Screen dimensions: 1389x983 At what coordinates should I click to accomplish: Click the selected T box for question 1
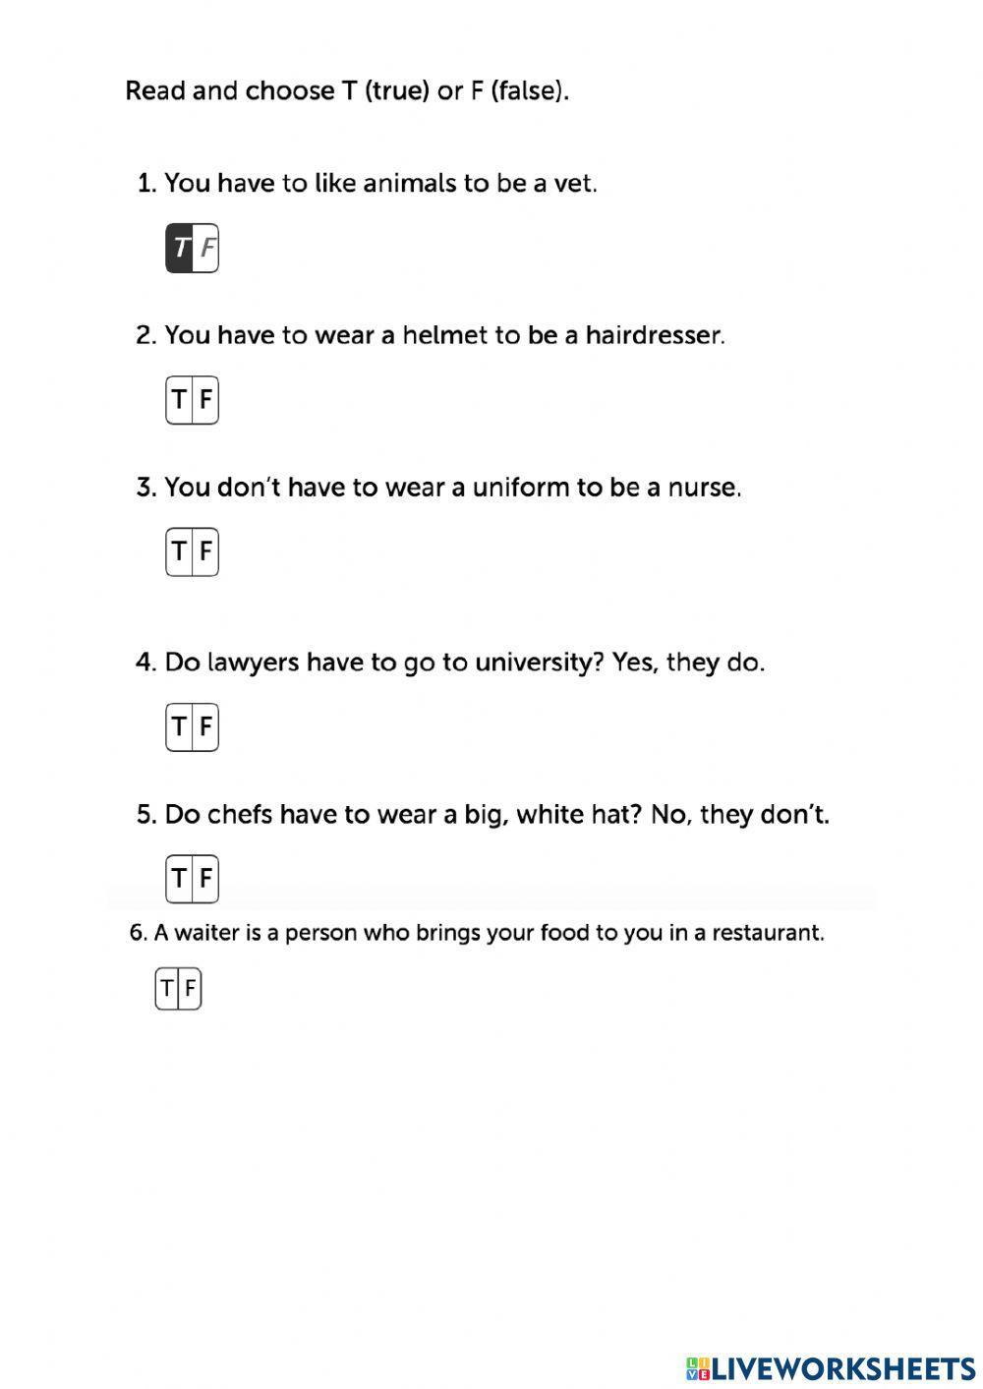180,249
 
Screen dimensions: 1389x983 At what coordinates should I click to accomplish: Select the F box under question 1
206,249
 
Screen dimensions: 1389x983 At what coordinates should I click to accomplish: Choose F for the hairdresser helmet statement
205,400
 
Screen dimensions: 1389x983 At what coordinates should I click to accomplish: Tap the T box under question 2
179,400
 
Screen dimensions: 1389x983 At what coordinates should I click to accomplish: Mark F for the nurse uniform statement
205,551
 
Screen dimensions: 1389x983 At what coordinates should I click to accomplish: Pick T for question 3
179,551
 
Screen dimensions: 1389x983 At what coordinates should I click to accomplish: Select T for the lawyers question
179,726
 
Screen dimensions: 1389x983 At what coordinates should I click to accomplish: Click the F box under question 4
205,726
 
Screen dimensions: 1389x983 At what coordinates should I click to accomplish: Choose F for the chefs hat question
205,878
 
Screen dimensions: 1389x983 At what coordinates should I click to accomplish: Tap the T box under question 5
179,878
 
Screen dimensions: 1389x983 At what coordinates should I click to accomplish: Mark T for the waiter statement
167,988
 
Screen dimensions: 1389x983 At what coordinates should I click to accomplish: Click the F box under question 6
191,988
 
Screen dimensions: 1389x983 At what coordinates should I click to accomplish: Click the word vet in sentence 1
574,184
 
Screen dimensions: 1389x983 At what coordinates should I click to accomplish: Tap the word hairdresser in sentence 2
654,335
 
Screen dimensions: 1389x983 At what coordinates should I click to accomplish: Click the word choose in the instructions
290,91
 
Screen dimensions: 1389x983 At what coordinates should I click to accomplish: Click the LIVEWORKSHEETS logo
831,1367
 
